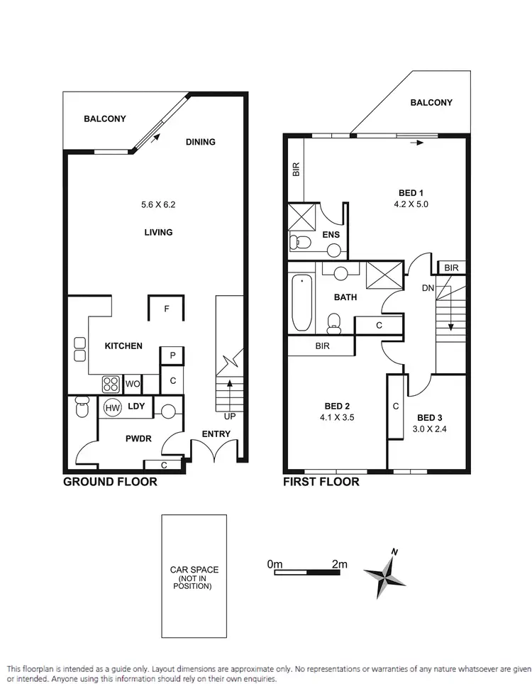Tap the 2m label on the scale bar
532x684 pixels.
click(339, 564)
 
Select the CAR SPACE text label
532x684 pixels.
click(194, 570)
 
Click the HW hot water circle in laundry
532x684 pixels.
click(112, 408)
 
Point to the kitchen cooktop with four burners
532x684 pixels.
click(111, 384)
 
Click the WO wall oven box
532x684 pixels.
click(132, 384)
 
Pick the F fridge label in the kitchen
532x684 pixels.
click(166, 309)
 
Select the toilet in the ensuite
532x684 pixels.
click(301, 243)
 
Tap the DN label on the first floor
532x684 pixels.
click(428, 289)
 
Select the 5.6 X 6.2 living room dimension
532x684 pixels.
click(157, 205)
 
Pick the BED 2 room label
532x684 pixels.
click(337, 406)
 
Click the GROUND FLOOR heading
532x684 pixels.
click(110, 482)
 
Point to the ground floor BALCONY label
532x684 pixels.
click(104, 118)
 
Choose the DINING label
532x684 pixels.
click(200, 142)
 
